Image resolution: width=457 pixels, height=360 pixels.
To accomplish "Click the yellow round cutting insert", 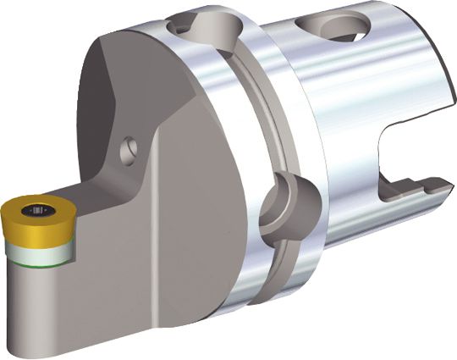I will pos(25,213).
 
